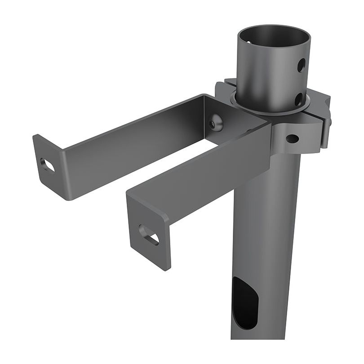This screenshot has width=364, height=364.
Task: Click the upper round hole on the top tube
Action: tap(301, 65)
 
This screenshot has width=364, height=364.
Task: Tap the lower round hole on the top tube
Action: tap(298, 99)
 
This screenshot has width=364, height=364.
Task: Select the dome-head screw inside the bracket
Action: tap(216, 122)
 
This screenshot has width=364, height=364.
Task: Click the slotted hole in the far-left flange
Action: tap(47, 164)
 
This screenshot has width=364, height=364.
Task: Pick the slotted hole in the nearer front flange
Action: tap(149, 235)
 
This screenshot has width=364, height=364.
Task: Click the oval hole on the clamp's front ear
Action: tap(292, 139)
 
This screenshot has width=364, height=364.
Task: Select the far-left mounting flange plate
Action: tap(47, 166)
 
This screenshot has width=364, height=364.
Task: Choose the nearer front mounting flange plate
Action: tap(144, 225)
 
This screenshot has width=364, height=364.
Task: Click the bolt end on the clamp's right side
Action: tap(329, 122)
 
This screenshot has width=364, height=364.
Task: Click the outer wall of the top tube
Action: tap(265, 81)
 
